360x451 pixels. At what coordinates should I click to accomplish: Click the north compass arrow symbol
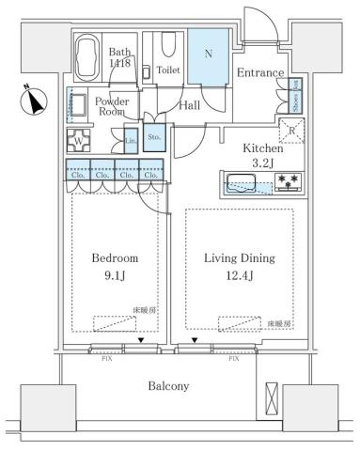pos(35,101)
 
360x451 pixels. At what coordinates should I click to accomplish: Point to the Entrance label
pos(259,73)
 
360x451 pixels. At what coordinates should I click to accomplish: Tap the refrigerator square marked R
pos(294,132)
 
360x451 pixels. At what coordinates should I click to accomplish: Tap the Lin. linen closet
pos(131,141)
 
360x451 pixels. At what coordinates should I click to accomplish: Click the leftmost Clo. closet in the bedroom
pos(78,173)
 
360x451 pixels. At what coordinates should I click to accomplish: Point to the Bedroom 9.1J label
pos(115,266)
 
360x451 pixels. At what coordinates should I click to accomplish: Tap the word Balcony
pos(169,385)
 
